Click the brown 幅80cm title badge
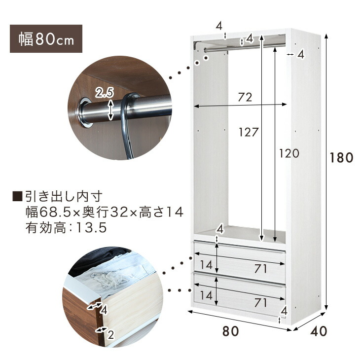pyautogui.click(x=46, y=38)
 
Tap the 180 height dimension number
pyautogui.click(x=341, y=158)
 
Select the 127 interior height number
pyautogui.click(x=249, y=132)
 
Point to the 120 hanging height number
pyautogui.click(x=289, y=153)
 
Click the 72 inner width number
pyautogui.click(x=245, y=97)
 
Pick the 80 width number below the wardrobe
pyautogui.click(x=230, y=331)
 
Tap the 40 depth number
pyautogui.click(x=319, y=331)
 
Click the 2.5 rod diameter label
pyautogui.click(x=105, y=93)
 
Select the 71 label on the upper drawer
pyautogui.click(x=260, y=269)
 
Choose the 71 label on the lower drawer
pyautogui.click(x=260, y=303)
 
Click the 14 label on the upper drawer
pyautogui.click(x=206, y=265)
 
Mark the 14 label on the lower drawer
pyautogui.click(x=206, y=295)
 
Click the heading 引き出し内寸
pyautogui.click(x=64, y=197)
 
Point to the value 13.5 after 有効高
pyautogui.click(x=91, y=228)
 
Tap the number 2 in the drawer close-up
pyautogui.click(x=111, y=335)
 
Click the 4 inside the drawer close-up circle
pyautogui.click(x=104, y=310)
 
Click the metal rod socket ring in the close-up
pyautogui.click(x=84, y=112)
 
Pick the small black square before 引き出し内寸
pyautogui.click(x=17, y=197)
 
